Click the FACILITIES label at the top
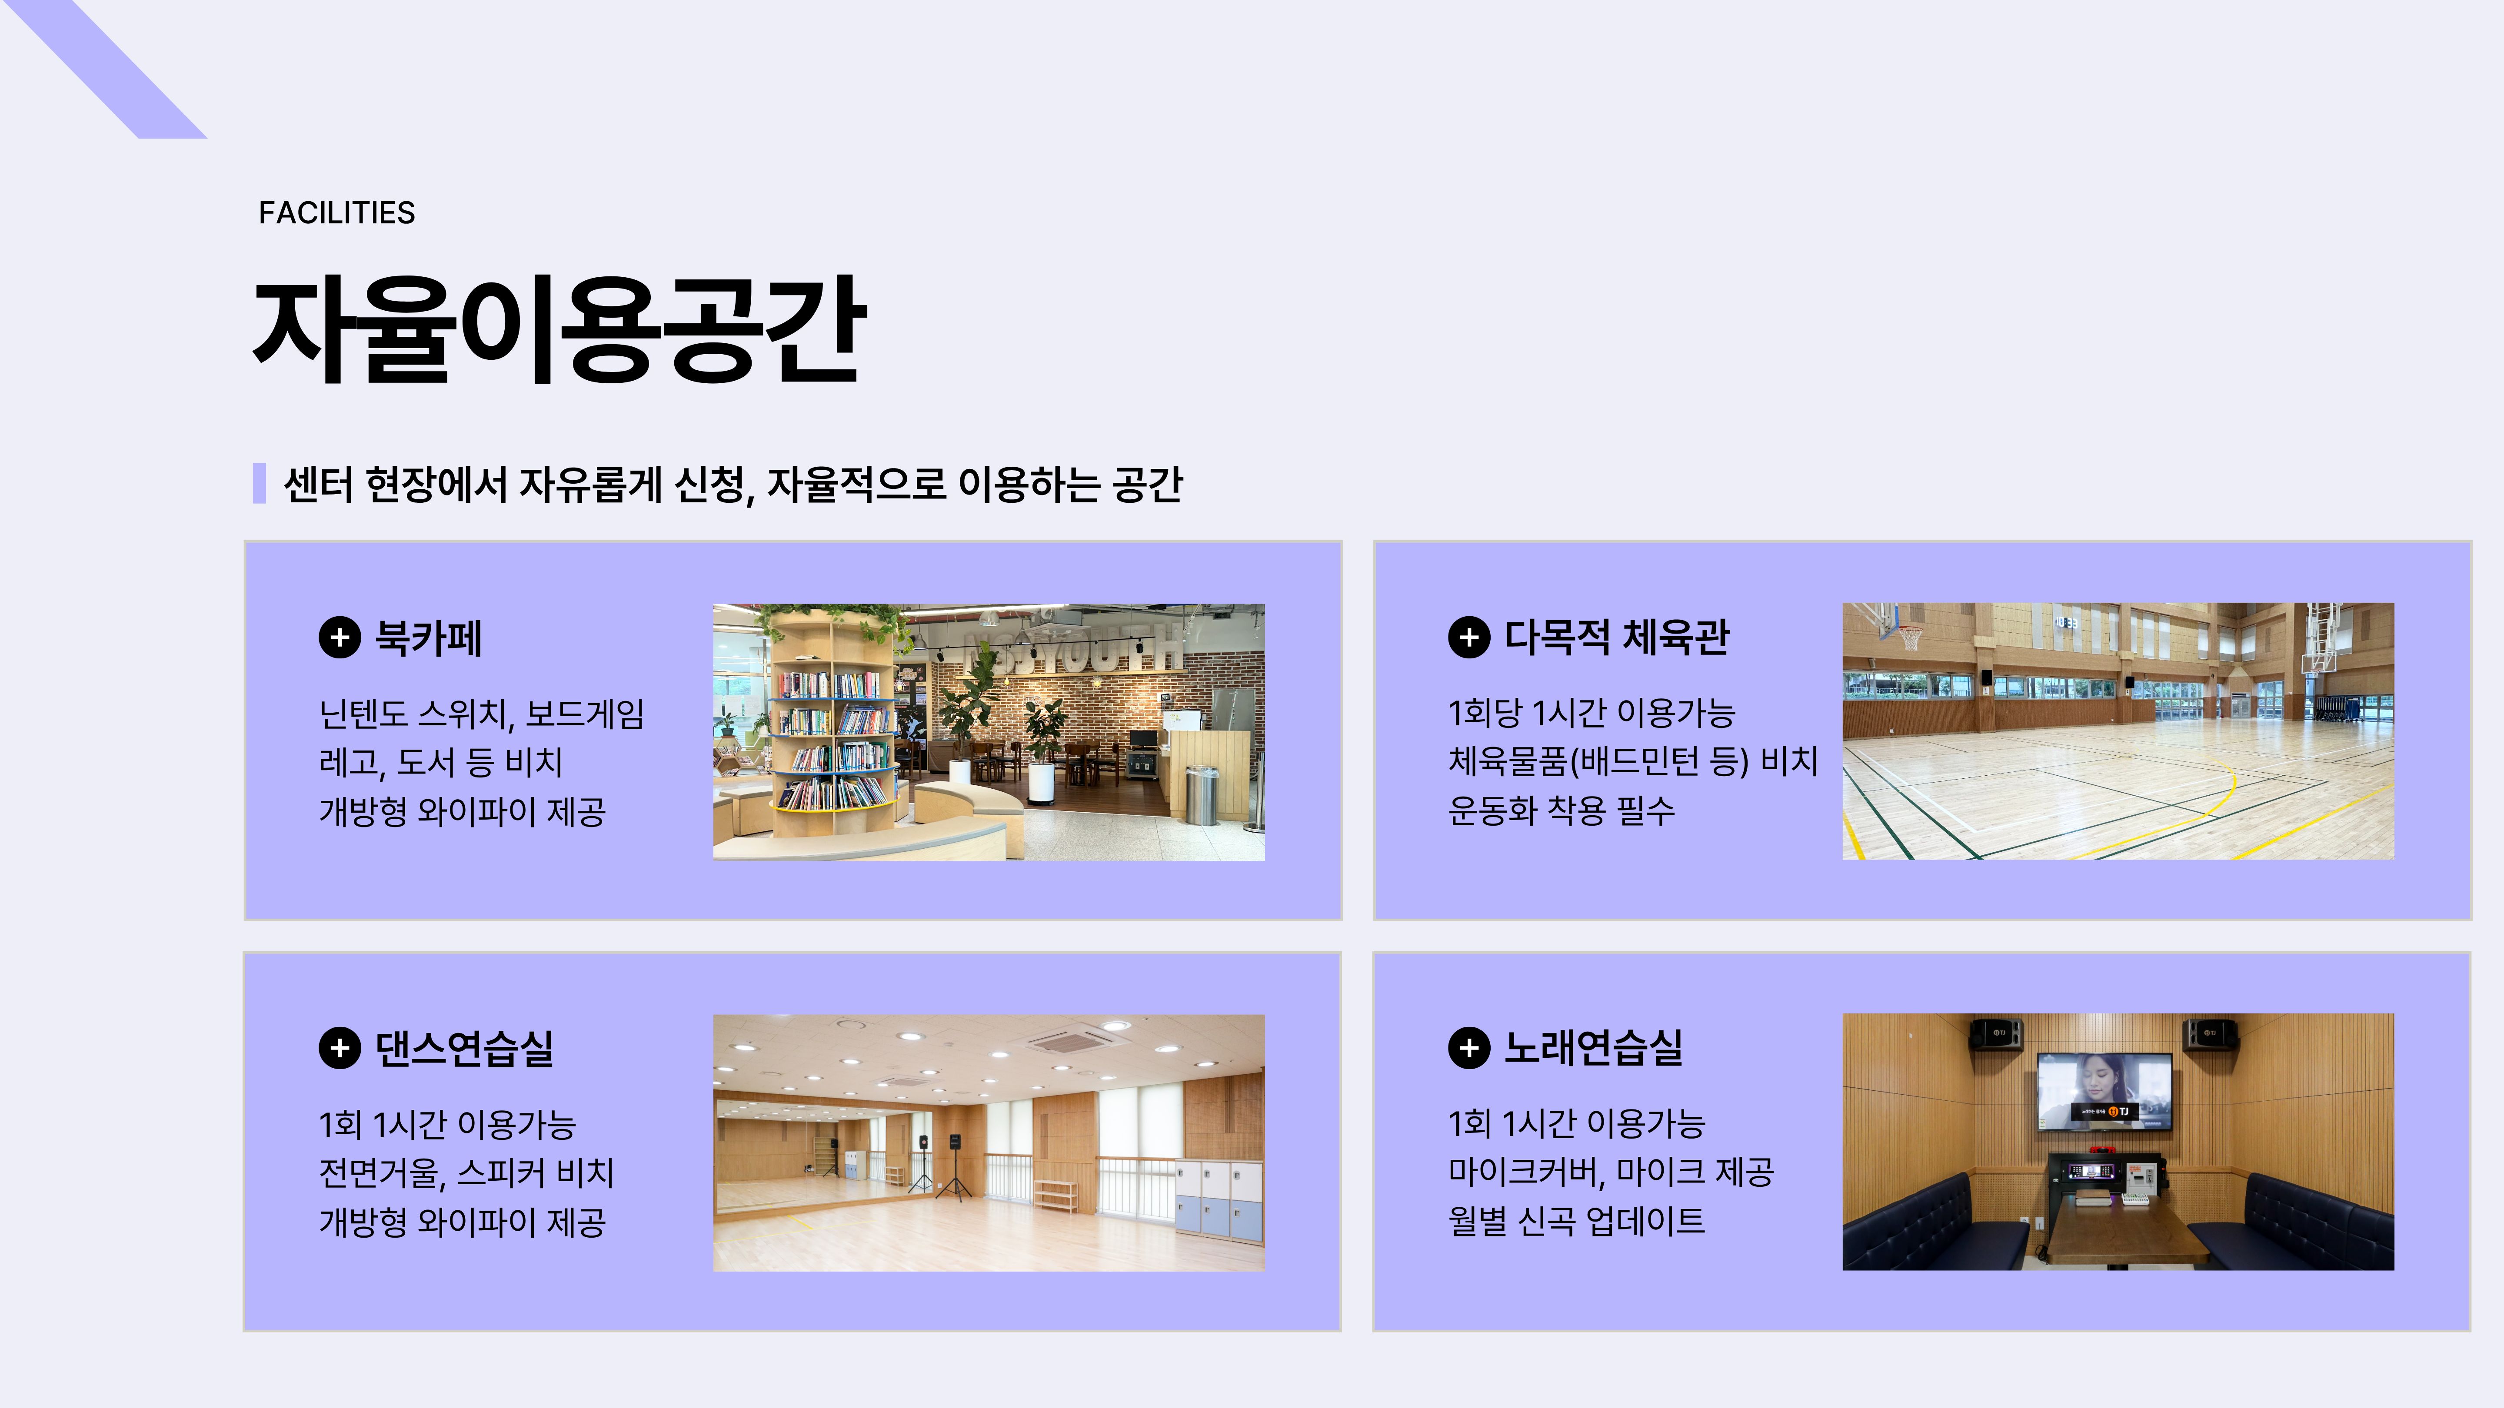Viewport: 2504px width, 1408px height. [336, 213]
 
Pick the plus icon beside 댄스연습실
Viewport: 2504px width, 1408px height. [339, 1049]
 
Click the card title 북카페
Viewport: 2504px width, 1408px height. [429, 638]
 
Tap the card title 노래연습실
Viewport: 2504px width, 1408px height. [1594, 1047]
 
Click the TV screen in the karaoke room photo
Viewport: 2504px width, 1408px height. [2104, 1092]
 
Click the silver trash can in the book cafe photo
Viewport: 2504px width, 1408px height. [1202, 795]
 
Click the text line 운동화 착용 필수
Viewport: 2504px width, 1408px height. [1561, 810]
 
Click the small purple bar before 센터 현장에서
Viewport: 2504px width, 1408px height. [260, 483]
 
